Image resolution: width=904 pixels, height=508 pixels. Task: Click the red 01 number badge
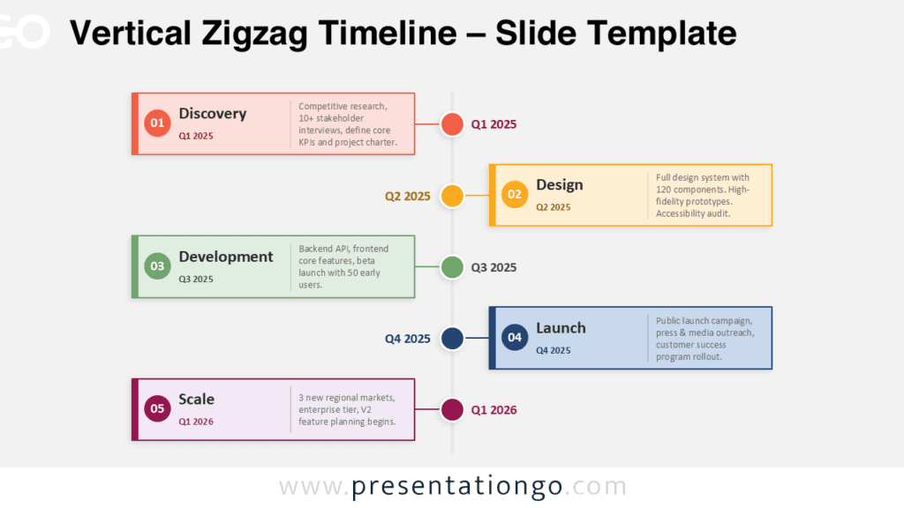(157, 123)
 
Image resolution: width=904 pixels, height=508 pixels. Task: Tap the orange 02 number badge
(515, 195)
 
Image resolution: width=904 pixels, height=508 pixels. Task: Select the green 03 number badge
(157, 266)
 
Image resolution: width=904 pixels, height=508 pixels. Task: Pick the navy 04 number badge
(515, 338)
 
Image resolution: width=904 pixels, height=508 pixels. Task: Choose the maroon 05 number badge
(157, 409)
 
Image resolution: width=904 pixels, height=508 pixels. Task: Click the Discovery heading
(213, 114)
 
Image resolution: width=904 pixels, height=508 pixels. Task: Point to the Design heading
(559, 185)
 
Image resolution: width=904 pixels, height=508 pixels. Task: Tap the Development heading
(226, 257)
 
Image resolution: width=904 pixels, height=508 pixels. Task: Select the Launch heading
(561, 328)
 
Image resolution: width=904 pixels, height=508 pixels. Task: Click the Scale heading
(197, 400)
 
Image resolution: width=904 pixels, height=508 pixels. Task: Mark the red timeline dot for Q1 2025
(452, 123)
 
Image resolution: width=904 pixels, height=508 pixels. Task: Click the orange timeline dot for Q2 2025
(452, 196)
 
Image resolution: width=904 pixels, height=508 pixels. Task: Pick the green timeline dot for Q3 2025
(452, 267)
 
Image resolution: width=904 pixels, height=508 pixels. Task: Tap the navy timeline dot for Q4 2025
(452, 338)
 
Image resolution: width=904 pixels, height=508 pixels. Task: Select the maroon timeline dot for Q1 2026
(452, 409)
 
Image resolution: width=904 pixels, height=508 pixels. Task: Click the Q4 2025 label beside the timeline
(408, 339)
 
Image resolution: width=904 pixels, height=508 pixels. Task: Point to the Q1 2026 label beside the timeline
(494, 410)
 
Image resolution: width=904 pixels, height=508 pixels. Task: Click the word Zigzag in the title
(254, 34)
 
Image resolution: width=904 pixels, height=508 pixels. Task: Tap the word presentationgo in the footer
(457, 487)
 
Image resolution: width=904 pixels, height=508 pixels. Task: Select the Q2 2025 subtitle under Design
(554, 207)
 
